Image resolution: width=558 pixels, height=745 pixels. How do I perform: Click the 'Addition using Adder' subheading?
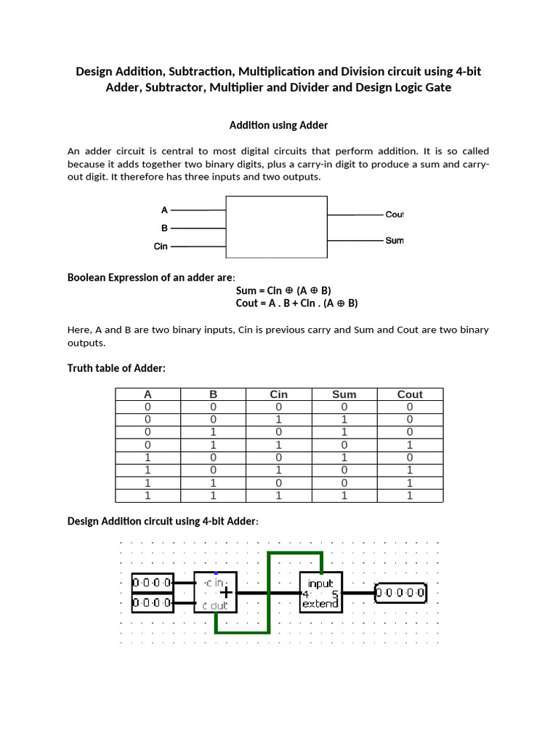tap(278, 125)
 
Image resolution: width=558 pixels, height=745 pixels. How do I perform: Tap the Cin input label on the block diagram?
tap(161, 247)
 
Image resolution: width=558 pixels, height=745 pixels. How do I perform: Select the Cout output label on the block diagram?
tap(394, 215)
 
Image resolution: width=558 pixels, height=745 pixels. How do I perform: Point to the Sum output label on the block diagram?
tap(395, 240)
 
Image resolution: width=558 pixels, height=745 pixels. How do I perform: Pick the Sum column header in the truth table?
tap(344, 394)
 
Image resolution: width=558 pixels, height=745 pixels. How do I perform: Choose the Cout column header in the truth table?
tap(410, 394)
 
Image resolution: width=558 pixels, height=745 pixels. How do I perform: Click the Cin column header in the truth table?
tap(279, 394)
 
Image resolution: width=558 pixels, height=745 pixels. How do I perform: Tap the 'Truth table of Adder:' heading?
tap(116, 368)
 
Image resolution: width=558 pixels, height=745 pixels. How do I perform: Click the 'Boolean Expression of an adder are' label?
tap(151, 277)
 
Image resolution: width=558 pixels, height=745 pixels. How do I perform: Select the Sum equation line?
tap(283, 290)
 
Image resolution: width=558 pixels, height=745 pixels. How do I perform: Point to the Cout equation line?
tap(296, 303)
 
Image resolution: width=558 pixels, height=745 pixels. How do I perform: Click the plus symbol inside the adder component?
tap(227, 593)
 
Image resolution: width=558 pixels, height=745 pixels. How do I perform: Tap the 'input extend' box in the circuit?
tap(320, 593)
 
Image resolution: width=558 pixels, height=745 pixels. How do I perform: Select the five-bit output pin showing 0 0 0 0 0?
tap(401, 593)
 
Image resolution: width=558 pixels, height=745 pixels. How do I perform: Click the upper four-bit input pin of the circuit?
tap(153, 583)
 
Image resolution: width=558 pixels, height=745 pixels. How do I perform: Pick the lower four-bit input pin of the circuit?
tap(153, 602)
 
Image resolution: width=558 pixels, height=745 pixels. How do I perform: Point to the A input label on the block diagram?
tap(164, 210)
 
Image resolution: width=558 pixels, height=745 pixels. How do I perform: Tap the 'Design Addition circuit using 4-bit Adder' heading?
tap(163, 521)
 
